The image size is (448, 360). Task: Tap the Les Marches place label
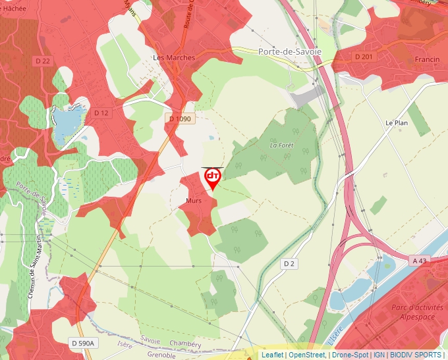174,57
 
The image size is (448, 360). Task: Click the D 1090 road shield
179,119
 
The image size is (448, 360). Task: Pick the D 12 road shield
101,113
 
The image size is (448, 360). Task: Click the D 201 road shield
364,57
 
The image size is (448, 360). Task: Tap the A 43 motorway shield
420,261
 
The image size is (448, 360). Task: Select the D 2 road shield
289,264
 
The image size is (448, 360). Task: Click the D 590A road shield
84,343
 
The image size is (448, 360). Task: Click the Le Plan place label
397,123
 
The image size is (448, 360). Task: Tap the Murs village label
194,200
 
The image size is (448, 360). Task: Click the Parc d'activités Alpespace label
414,311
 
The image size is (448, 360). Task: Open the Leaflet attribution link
272,355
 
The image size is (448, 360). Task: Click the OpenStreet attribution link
307,355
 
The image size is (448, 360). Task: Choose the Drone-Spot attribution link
350,355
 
